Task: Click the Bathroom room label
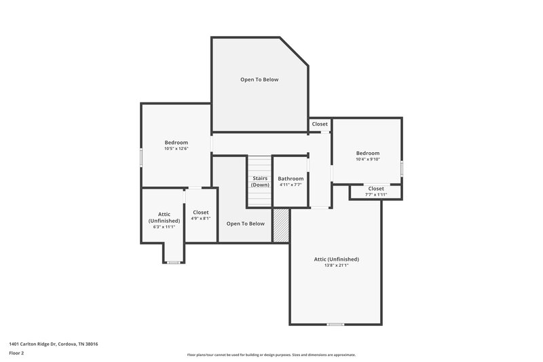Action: (x=291, y=179)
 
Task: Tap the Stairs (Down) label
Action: (x=260, y=181)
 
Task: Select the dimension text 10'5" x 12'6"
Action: (x=176, y=149)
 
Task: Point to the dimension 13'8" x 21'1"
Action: (x=336, y=266)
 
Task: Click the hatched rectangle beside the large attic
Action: (x=281, y=225)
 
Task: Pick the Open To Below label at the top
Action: (x=259, y=79)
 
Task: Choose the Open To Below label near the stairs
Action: (x=245, y=223)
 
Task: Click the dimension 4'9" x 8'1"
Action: (x=201, y=219)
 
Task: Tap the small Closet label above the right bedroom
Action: (x=320, y=124)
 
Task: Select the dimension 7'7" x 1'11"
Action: (x=376, y=195)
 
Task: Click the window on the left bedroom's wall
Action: (x=141, y=156)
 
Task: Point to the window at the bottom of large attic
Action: (x=335, y=324)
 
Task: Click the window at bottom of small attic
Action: (x=174, y=262)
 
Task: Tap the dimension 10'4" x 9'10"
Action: (x=368, y=160)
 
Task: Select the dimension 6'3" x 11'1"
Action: (x=164, y=227)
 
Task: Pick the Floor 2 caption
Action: (x=16, y=354)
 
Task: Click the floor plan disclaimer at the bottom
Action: (x=271, y=355)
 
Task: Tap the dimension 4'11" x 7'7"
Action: (x=291, y=185)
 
